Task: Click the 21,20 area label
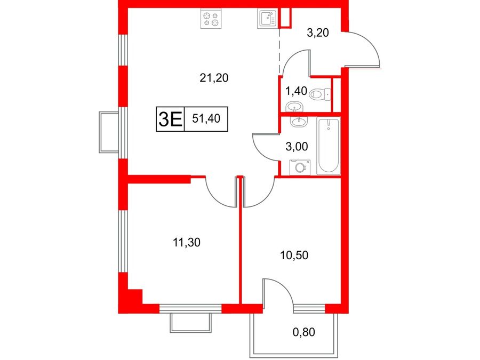(214, 78)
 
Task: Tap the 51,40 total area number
(206, 118)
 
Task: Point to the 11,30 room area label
(187, 243)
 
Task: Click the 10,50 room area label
(294, 255)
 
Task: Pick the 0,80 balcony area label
(303, 332)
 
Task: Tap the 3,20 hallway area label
(318, 32)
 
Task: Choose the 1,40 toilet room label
(295, 91)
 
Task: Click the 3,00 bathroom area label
(297, 147)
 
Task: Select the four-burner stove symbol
(211, 18)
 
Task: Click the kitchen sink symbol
(267, 18)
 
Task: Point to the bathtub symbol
(329, 146)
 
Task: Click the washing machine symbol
(300, 167)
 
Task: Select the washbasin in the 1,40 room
(294, 107)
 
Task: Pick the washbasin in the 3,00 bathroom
(298, 122)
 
